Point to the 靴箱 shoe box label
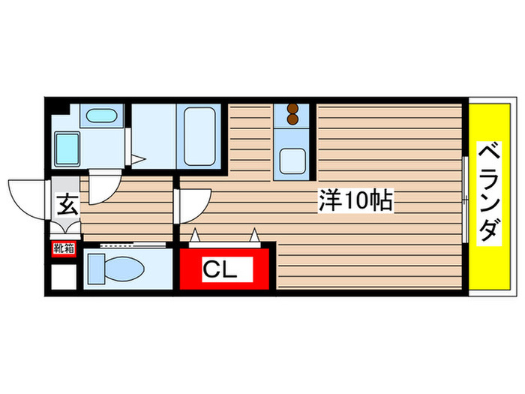63,248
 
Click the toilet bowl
125,267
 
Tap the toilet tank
96,267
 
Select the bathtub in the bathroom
198,136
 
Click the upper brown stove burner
292,108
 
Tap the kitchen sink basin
292,160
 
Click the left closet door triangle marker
196,236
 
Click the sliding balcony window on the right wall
466,200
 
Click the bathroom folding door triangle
137,158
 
